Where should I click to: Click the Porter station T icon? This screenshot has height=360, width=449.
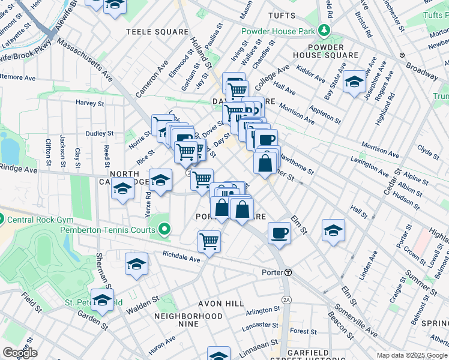coord(288,272)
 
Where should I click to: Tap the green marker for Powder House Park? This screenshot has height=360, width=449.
coord(324,30)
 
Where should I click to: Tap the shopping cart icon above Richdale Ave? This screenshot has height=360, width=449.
coord(209,241)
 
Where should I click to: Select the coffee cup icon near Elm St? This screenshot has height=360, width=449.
coord(279,233)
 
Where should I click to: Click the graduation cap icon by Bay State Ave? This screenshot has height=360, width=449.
coord(354,82)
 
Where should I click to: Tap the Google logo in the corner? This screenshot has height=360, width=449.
coord(20,353)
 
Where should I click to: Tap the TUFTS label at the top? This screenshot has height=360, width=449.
coord(282,15)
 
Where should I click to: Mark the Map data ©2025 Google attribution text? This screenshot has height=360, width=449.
coord(412,355)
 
